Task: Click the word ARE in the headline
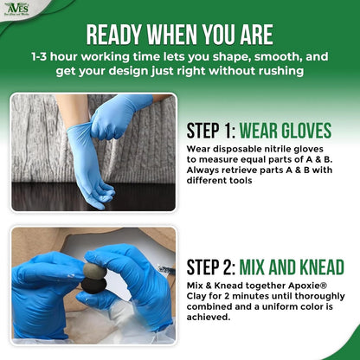(256, 35)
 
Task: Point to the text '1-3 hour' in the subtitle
(55, 56)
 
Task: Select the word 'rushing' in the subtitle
(281, 71)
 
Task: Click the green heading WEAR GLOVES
(286, 131)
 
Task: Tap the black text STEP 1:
(211, 131)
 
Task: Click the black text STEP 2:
(211, 267)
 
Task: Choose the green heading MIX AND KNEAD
(292, 267)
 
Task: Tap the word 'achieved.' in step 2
(209, 317)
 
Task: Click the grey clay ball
(95, 271)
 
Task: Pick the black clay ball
(93, 286)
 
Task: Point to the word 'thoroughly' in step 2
(319, 297)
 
